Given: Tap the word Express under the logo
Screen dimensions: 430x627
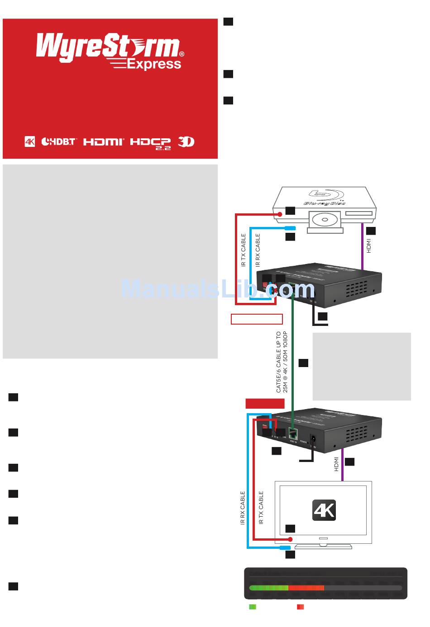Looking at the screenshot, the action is pyautogui.click(x=153, y=65).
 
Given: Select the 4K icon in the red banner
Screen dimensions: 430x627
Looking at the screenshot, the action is pyautogui.click(x=29, y=141).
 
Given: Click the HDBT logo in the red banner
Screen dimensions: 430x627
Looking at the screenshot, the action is pyautogui.click(x=59, y=141).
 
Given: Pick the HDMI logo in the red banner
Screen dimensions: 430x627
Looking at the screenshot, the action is pyautogui.click(x=104, y=141).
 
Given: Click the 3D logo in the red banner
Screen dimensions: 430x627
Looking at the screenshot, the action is pyautogui.click(x=186, y=141).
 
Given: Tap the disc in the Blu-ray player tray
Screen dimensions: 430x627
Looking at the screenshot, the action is pyautogui.click(x=324, y=220).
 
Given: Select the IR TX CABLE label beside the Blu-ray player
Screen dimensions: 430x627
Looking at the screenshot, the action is pyautogui.click(x=244, y=250).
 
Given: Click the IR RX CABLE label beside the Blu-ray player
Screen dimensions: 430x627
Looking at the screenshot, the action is pyautogui.click(x=258, y=250).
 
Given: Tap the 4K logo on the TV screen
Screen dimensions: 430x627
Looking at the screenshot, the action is pyautogui.click(x=324, y=510).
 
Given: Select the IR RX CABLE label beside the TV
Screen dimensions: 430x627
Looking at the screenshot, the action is pyautogui.click(x=243, y=508).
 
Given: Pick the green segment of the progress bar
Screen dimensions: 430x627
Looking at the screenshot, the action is pyautogui.click(x=269, y=588).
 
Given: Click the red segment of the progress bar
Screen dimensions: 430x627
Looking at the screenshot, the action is pyautogui.click(x=306, y=588).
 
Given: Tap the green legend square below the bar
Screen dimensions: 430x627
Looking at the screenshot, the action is pyautogui.click(x=253, y=607).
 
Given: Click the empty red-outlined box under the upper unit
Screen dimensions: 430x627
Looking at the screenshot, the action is pyautogui.click(x=257, y=319).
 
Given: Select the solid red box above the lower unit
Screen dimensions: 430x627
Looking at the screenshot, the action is pyautogui.click(x=265, y=404).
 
